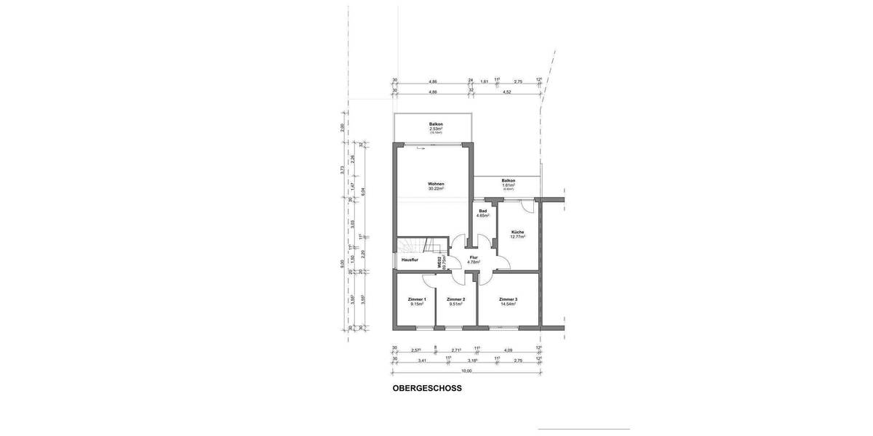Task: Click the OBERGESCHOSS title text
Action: [x=427, y=388]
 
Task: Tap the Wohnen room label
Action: [x=436, y=184]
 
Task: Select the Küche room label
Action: [x=517, y=232]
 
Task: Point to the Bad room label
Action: [x=482, y=211]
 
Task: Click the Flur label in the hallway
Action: [x=474, y=257]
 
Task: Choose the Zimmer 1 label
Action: [x=416, y=299]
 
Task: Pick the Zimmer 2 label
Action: [x=455, y=299]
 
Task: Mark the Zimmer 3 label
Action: [x=508, y=299]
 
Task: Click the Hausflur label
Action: [x=410, y=259]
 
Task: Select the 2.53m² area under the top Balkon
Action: [x=436, y=129]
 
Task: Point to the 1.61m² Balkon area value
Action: [x=508, y=185]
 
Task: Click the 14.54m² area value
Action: [x=508, y=304]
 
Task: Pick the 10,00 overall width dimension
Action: [x=466, y=371]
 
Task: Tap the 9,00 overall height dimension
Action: [x=342, y=264]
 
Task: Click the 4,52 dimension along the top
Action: [x=507, y=92]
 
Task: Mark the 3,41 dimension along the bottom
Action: [x=421, y=360]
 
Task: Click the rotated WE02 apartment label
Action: [x=439, y=264]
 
